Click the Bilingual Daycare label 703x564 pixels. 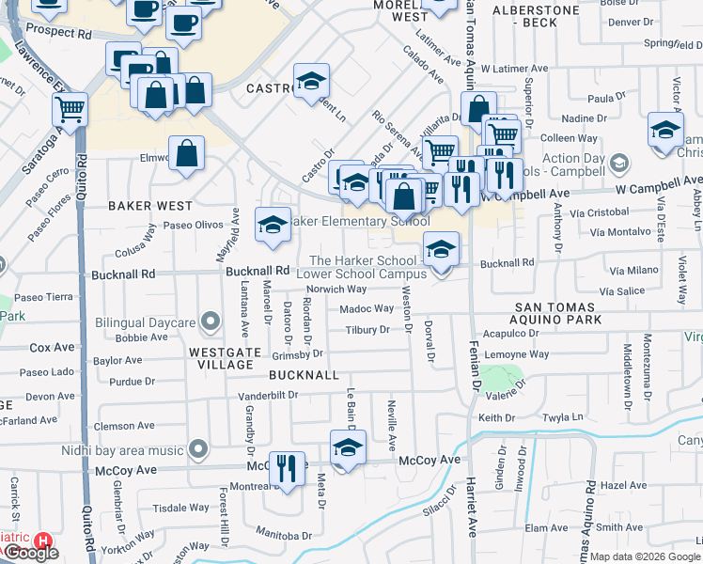145,323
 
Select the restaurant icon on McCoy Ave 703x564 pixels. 287,467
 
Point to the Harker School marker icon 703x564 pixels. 441,249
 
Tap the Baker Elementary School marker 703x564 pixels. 273,226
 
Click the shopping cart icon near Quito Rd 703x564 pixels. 70,109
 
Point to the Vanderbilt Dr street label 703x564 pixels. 267,395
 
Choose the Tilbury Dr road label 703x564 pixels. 367,330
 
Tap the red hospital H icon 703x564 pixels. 42,540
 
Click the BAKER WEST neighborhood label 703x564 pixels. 149,205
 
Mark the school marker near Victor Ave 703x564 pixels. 664,130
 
